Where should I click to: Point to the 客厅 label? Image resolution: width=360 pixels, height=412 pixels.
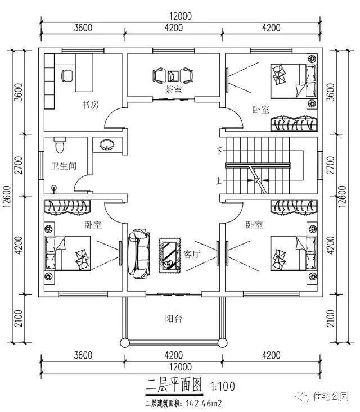tap(192, 254)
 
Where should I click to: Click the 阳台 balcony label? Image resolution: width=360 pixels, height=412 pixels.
tap(173, 319)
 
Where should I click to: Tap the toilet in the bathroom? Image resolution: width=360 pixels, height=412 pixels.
tap(60, 146)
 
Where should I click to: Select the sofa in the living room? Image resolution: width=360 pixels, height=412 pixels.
tap(140, 254)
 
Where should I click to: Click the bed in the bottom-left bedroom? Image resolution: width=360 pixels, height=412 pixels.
tap(68, 252)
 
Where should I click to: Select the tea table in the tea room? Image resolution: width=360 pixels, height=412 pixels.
tap(172, 74)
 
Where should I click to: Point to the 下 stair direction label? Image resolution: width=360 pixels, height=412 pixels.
tap(219, 151)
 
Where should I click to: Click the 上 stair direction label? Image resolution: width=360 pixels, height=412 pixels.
tap(219, 181)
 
